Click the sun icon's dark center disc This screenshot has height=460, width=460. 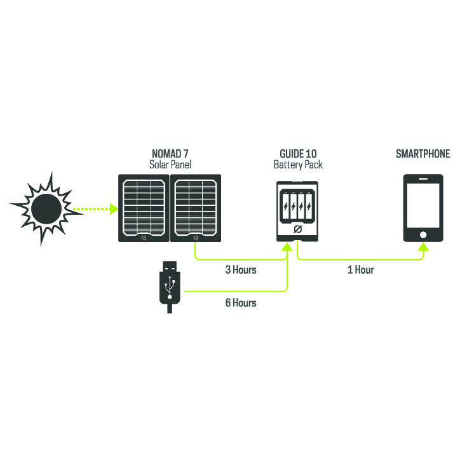pos(46,208)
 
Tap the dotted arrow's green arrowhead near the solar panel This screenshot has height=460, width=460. pos(114,209)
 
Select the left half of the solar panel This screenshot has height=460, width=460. pos(144,208)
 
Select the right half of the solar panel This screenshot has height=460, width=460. pos(196,208)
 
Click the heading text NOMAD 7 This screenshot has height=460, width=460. pos(170,153)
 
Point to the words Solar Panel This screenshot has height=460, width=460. pos(170,165)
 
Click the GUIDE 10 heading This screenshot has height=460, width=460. pos(298,154)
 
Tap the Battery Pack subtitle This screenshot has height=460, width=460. pos(298,165)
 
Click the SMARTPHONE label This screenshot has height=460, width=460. pos(423,154)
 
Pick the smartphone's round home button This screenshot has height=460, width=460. pos(423,234)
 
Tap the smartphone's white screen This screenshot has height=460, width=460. pos(423,205)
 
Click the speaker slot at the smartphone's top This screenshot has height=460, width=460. pos(423,179)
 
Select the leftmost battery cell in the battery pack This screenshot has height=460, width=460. pos(286,206)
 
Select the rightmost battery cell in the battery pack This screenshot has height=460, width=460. pos(309,206)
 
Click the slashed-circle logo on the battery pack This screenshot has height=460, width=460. pos(297,229)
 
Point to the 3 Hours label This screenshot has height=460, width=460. pos(241,270)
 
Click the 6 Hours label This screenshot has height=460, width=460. pos(241,303)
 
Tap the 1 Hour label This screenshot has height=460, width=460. pos(361,270)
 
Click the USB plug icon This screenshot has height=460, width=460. pos(170,287)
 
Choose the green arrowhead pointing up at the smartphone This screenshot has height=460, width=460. pos(423,246)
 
